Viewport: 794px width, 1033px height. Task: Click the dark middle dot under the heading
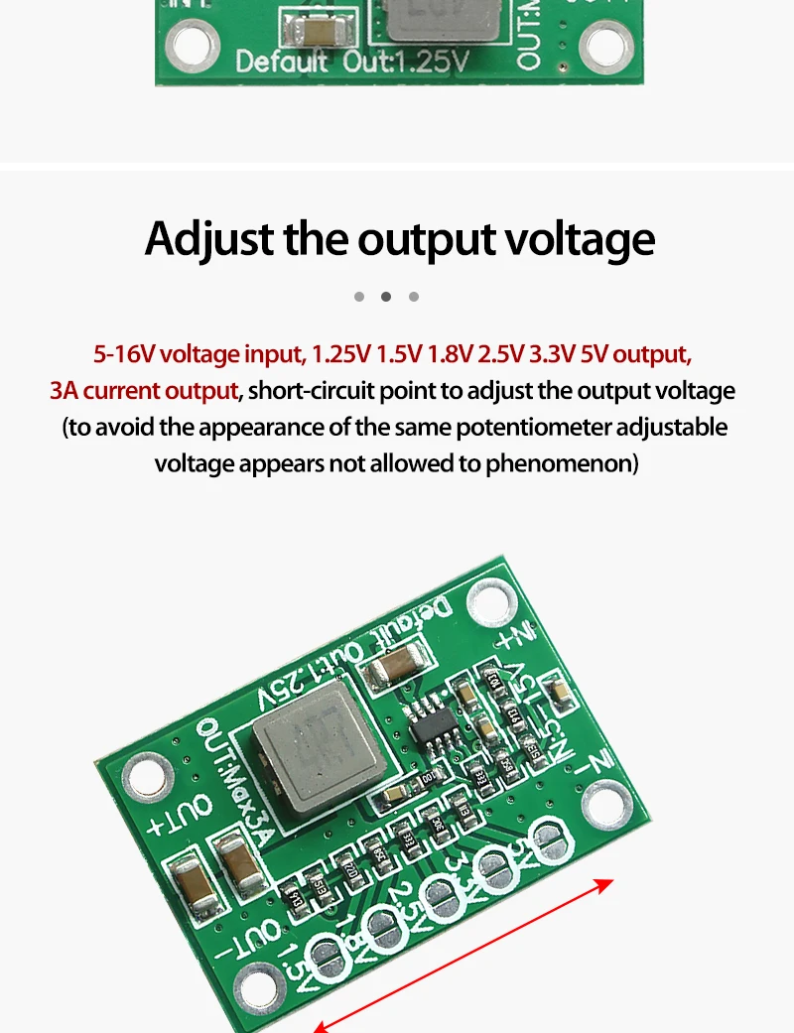point(386,297)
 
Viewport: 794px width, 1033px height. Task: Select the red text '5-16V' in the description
point(124,354)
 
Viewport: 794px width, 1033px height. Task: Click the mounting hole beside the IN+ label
point(489,600)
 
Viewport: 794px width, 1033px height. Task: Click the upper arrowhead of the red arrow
point(606,883)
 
